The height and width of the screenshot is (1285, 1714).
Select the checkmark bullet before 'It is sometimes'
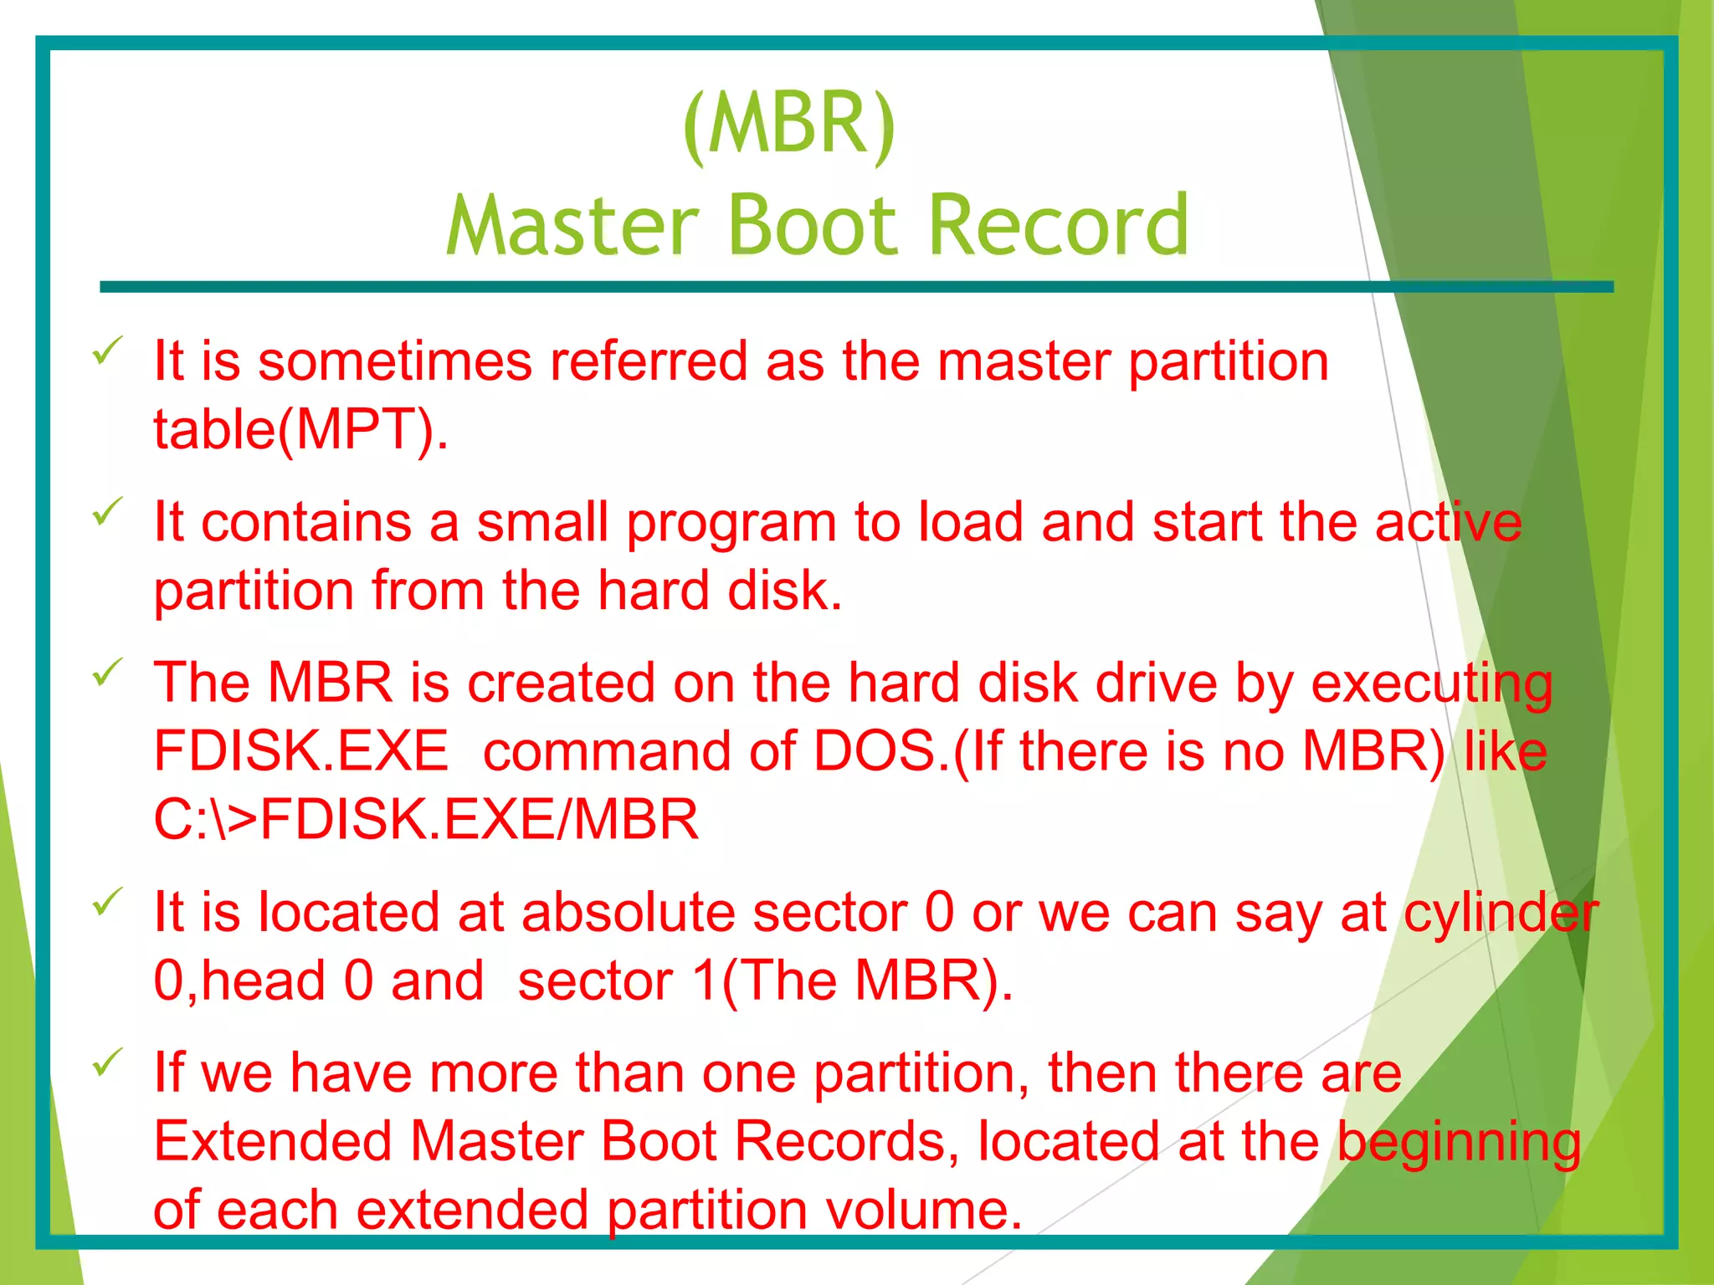point(108,351)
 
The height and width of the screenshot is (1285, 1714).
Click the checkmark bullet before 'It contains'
point(108,511)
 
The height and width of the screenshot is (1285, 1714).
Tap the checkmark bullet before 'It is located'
point(108,901)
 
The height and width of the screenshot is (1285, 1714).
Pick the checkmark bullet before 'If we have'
point(108,1062)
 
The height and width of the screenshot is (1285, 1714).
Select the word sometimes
point(394,362)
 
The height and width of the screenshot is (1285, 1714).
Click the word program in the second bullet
point(731,524)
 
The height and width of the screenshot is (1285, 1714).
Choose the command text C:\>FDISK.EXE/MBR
point(425,820)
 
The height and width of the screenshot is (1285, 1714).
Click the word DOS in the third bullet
point(875,751)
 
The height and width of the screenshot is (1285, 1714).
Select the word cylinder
point(1501,913)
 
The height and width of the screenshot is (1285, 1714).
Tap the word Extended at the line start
point(272,1142)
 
